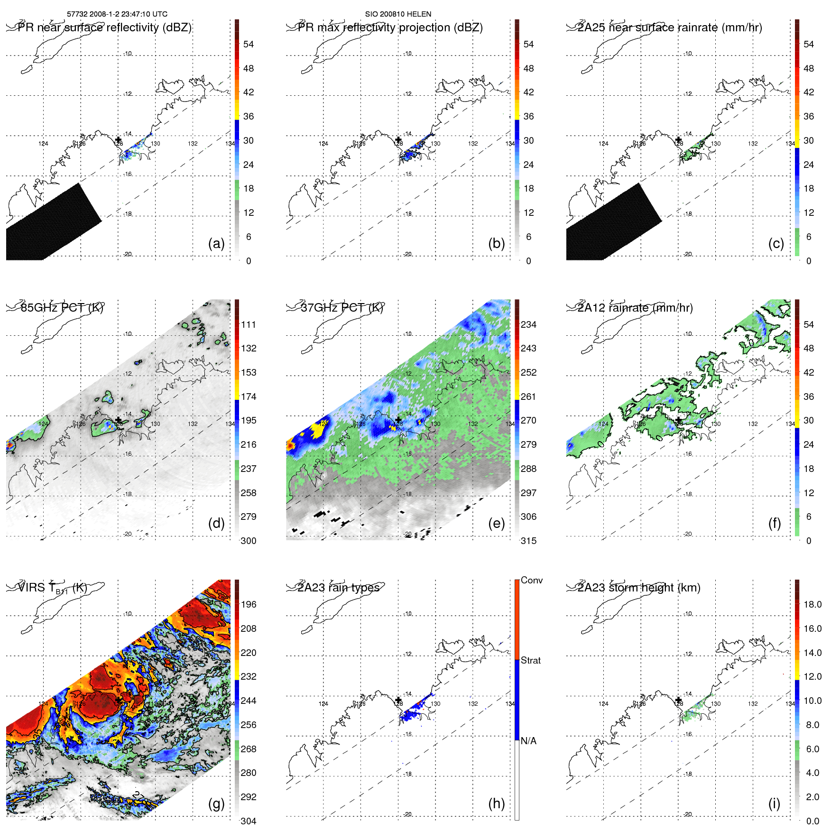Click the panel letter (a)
216,244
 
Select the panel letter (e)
496,524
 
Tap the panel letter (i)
774,803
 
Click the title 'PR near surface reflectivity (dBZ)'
104,28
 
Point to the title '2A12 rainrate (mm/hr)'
635,308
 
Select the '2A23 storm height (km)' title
639,588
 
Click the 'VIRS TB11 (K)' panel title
52,588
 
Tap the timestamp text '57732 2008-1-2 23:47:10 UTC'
117,14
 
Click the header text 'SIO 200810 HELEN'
398,14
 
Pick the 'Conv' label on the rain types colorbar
532,580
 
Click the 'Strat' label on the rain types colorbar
531,660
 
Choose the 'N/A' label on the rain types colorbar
528,741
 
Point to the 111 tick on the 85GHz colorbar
249,324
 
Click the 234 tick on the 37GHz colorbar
528,324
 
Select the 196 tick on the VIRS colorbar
249,604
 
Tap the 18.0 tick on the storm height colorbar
812,604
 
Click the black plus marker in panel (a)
119,139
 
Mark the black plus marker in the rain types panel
398,700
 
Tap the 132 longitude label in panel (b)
473,144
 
